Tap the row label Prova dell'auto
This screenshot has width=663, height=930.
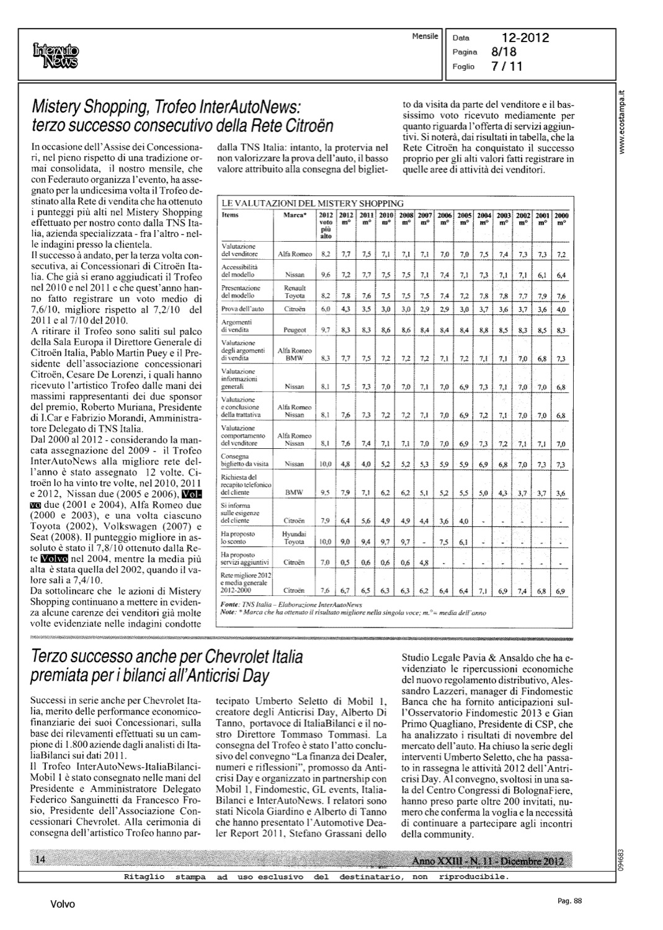coord(243,309)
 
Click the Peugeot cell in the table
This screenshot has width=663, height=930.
coord(294,331)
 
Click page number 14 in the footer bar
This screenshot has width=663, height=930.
coord(41,859)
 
